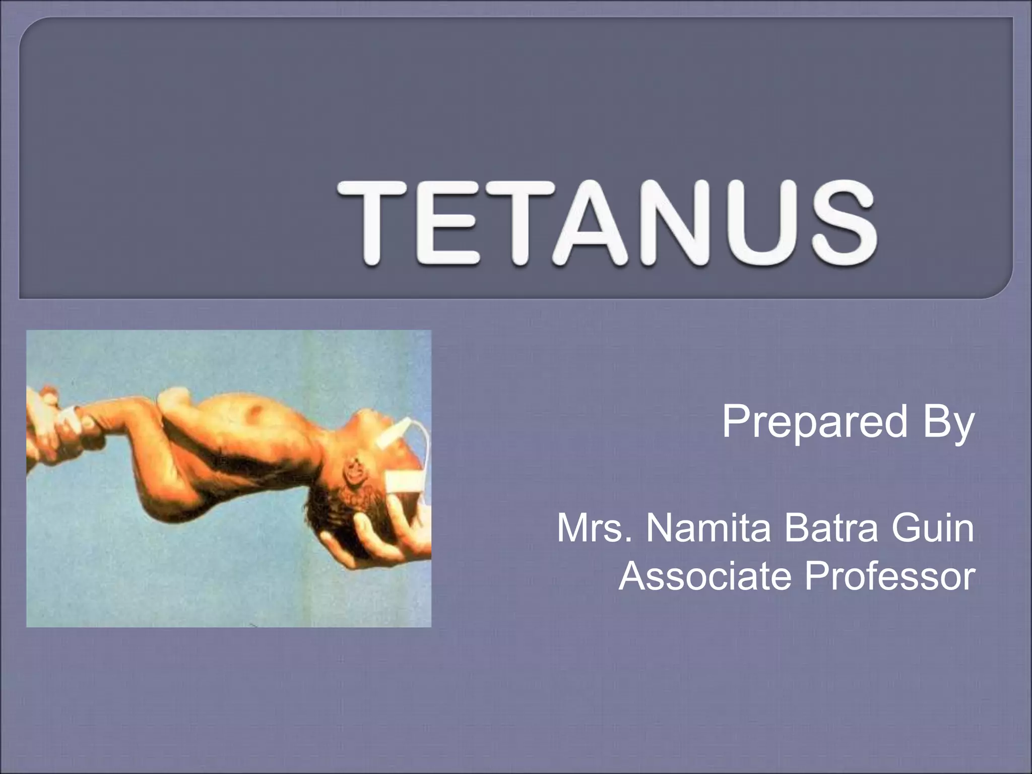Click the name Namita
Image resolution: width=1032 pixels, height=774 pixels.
point(708,529)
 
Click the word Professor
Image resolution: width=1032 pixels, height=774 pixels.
point(889,576)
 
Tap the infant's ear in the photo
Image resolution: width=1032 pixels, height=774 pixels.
point(357,472)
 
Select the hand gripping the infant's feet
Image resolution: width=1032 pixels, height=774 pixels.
point(55,423)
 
